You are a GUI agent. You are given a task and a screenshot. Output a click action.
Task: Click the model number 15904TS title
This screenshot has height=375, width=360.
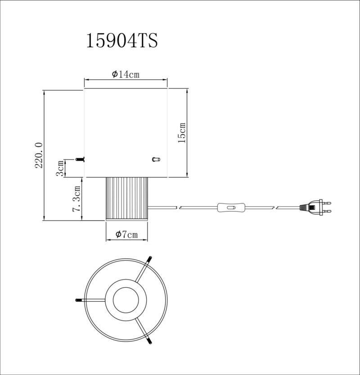[x=122, y=41]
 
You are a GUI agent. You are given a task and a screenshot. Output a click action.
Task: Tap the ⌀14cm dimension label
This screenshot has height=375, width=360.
[x=126, y=74]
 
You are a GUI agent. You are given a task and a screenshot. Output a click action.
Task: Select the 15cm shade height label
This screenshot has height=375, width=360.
[x=182, y=133]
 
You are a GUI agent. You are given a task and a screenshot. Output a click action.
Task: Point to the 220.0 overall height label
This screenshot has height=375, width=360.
[x=39, y=155]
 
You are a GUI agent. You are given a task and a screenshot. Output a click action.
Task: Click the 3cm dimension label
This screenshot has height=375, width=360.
[x=60, y=168]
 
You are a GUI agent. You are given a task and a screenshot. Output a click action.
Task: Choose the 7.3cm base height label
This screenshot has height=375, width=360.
[x=77, y=199]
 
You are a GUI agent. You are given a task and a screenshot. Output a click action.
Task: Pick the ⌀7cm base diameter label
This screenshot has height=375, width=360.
[x=127, y=235]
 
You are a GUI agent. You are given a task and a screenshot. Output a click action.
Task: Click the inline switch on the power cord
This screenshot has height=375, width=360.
[x=231, y=208]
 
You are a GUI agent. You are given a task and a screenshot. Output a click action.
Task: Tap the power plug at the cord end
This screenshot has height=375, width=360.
[x=315, y=207]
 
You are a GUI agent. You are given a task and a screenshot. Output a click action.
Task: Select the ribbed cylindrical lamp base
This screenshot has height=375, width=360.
[x=127, y=199]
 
